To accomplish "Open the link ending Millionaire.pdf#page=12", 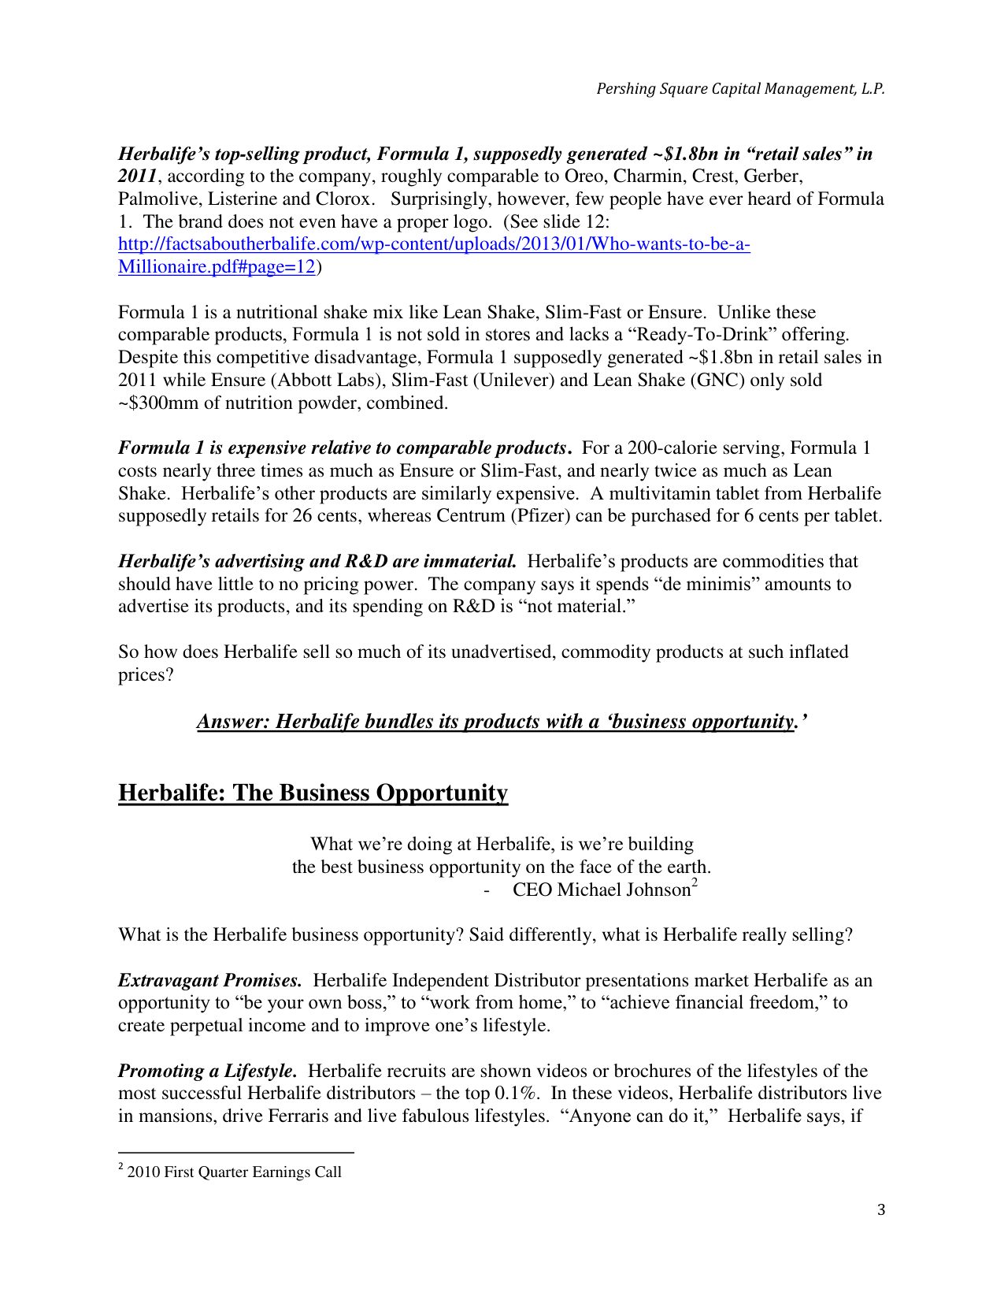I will (x=217, y=267).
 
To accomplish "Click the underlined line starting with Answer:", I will (x=502, y=722).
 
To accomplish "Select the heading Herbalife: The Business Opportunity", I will (x=313, y=793).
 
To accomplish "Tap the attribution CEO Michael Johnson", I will (x=602, y=890).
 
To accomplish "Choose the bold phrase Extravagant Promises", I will (x=209, y=981).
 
